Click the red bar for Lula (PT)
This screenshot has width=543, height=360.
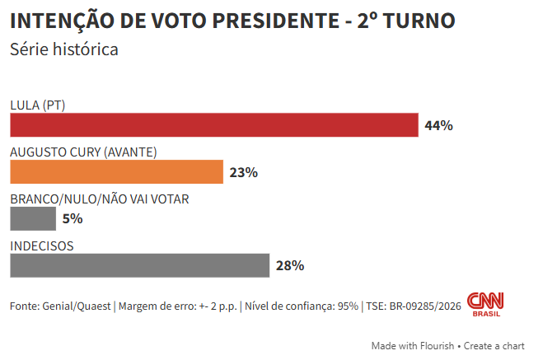[214, 125]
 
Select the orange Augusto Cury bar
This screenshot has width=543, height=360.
[116, 172]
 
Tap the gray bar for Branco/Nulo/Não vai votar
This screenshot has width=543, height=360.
[33, 218]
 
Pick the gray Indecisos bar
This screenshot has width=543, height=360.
[139, 265]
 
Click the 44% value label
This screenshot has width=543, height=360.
[438, 126]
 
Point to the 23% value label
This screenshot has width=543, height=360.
[244, 173]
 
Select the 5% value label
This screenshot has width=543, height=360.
[73, 219]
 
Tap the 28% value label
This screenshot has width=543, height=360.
[290, 266]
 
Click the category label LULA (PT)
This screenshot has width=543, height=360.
[37, 105]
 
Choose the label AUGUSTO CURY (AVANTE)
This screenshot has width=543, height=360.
[83, 152]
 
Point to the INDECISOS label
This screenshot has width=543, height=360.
[42, 245]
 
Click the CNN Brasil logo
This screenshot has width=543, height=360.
[485, 304]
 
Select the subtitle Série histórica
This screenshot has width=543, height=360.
[64, 49]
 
